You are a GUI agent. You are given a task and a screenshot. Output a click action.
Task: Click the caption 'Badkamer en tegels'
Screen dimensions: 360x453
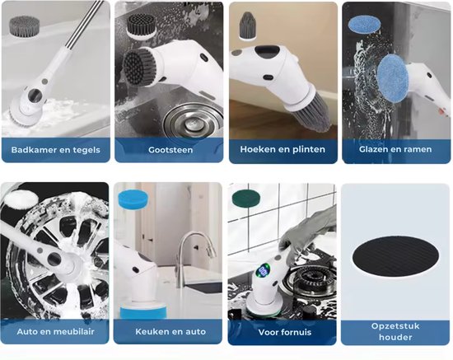55,150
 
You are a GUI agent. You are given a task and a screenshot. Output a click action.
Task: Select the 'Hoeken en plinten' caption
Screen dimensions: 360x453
283,150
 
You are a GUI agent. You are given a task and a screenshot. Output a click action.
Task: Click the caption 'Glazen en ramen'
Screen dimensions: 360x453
396,150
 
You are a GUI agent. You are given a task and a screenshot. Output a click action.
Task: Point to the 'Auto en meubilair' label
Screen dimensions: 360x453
55,331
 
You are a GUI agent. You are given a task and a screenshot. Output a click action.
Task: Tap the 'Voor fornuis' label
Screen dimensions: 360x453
283,331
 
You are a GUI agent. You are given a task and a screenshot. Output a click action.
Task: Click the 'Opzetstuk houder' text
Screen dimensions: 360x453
396,331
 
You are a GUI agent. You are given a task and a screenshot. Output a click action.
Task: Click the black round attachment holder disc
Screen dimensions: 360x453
396,255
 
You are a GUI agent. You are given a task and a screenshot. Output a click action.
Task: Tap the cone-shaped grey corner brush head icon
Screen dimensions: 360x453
246,28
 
